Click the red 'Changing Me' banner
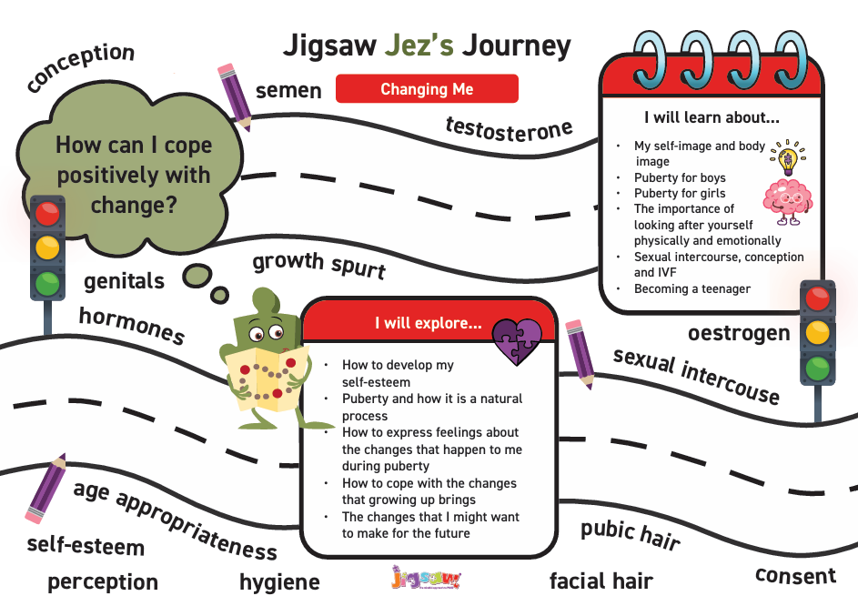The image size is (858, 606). tap(427, 88)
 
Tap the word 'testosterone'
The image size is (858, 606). tap(509, 130)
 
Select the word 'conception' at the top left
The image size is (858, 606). tap(80, 66)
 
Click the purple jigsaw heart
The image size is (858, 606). tap(517, 342)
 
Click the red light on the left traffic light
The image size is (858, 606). tap(47, 214)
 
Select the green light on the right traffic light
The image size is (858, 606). tap(817, 369)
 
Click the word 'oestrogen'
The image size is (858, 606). tap(739, 333)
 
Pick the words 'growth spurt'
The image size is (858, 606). tap(319, 265)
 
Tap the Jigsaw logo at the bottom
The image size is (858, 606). tap(427, 578)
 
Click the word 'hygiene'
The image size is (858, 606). tap(279, 582)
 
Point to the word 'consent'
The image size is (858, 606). tap(795, 575)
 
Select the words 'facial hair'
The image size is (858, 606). tap(601, 581)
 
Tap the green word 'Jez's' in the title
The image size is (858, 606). tap(419, 45)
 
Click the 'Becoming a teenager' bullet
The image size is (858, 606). tap(692, 288)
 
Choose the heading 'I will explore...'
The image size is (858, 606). tap(429, 323)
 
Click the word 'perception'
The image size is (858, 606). tap(103, 582)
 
